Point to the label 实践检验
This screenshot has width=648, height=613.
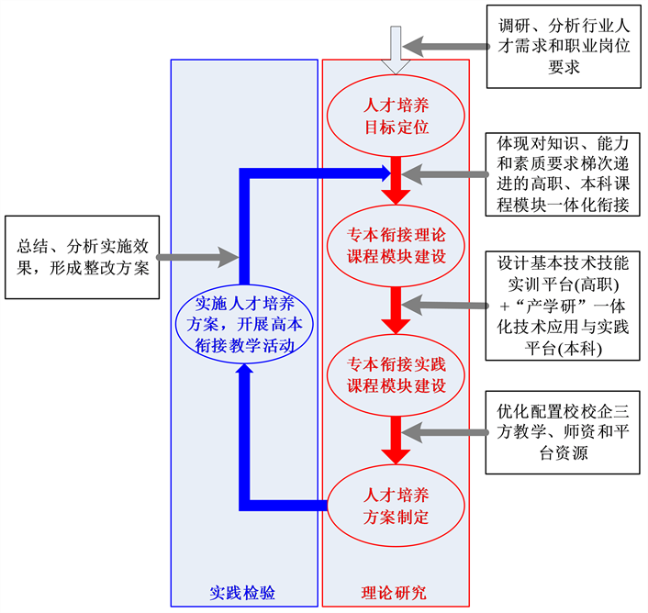coord(243,593)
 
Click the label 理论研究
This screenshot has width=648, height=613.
coord(395,593)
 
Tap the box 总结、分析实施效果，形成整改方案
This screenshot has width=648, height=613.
coord(83,258)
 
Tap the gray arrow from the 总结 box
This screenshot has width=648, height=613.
coord(197,258)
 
